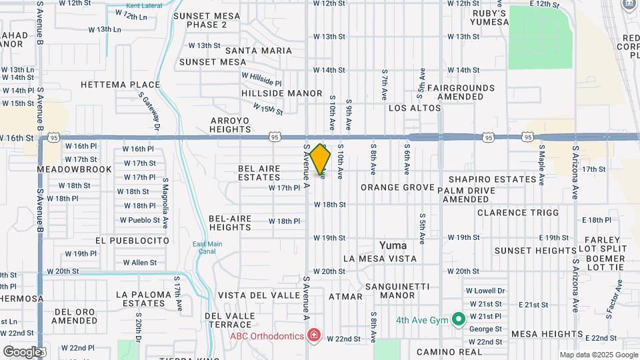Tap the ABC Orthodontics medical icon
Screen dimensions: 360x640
313,335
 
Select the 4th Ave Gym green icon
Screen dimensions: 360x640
458,319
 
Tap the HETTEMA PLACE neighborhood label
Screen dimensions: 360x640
120,85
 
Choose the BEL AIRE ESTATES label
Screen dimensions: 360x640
259,173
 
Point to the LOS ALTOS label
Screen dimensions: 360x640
415,108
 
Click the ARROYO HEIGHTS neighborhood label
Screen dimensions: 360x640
230,125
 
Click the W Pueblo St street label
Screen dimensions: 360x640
140,220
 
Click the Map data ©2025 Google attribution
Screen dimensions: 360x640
598,355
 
